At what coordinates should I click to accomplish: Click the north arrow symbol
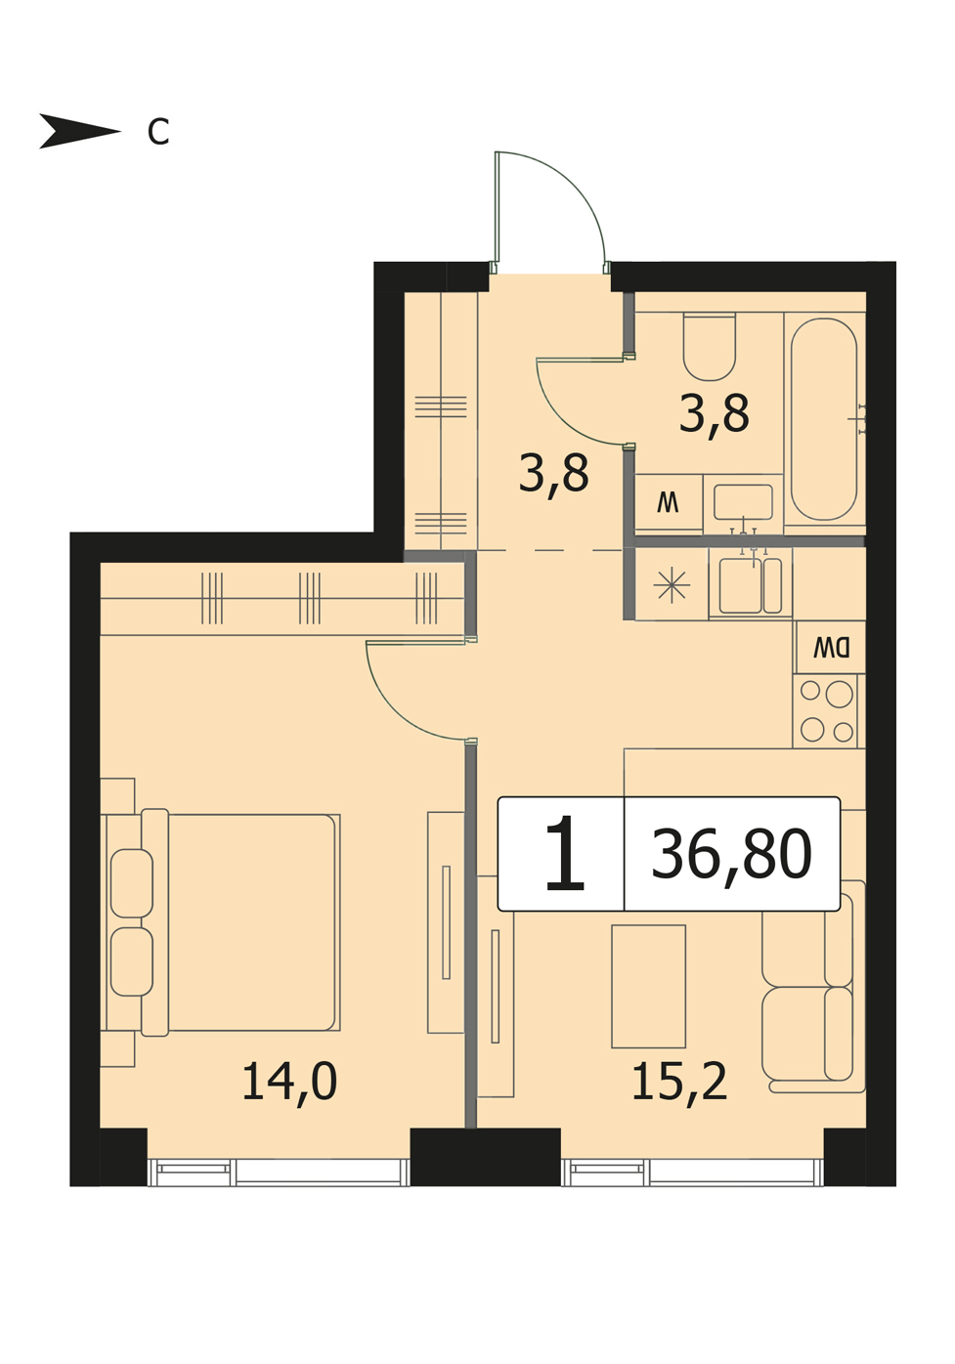click(x=79, y=131)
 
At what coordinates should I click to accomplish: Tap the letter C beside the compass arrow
click(x=158, y=131)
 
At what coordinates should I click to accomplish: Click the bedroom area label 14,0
click(x=290, y=1082)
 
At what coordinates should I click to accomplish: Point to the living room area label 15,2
click(x=679, y=1082)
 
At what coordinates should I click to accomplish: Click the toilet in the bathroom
click(x=710, y=347)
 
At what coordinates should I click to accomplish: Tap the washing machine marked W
click(x=669, y=502)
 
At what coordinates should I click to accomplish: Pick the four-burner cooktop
click(x=825, y=711)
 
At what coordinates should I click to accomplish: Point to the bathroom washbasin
click(x=743, y=502)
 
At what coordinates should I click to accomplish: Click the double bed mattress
click(x=253, y=923)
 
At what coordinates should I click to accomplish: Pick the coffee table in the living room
click(x=649, y=988)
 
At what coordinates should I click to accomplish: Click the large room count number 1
click(x=564, y=854)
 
